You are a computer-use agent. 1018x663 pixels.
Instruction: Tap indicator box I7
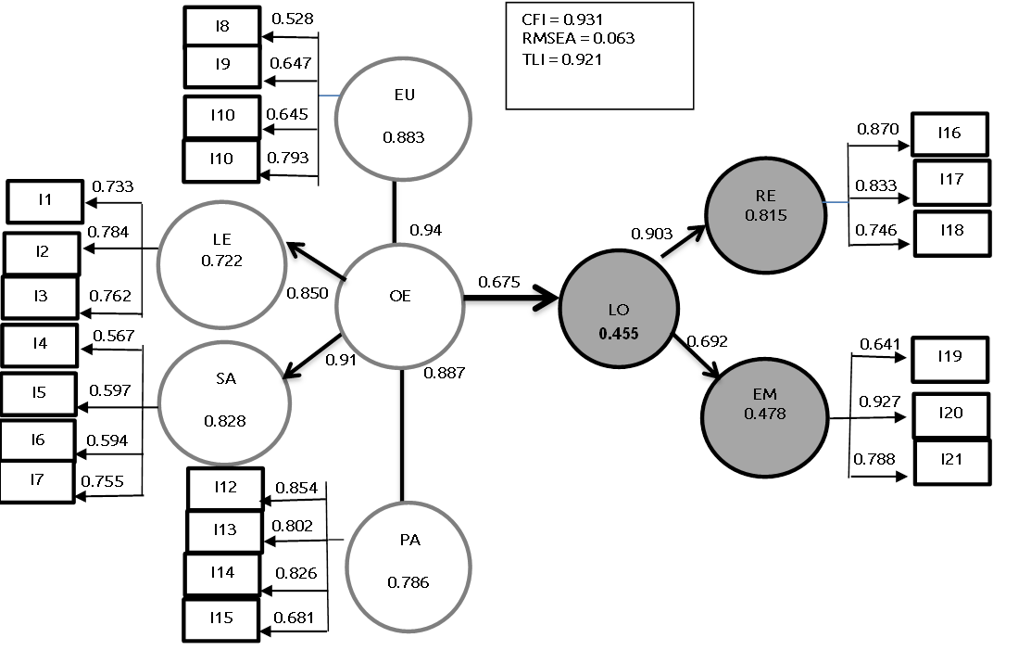(x=37, y=481)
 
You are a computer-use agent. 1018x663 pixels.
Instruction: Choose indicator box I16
(x=949, y=134)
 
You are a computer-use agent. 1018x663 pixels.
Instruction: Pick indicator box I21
(x=951, y=460)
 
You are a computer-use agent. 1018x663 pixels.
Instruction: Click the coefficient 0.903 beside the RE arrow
(x=652, y=234)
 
